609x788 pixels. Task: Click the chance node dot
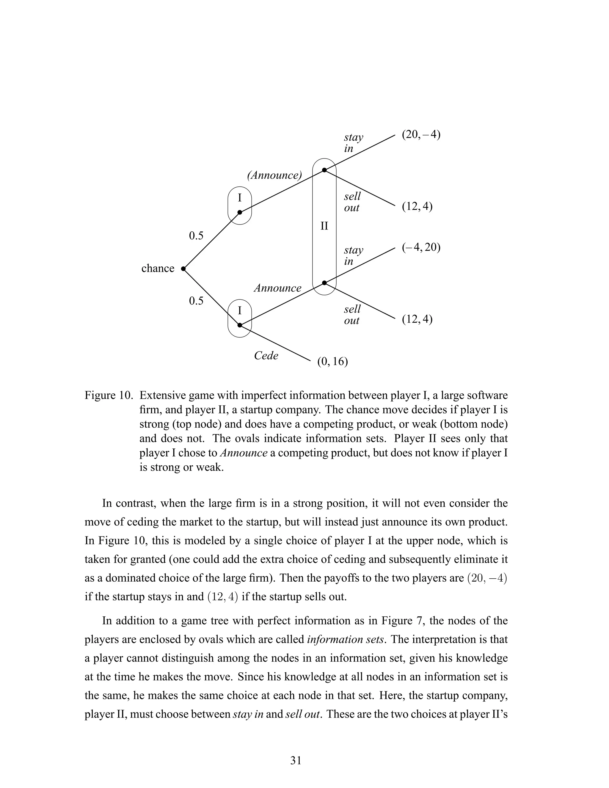coord(183,269)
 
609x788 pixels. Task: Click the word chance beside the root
coord(158,269)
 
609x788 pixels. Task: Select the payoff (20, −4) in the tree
coord(421,135)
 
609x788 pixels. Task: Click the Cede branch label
coord(266,356)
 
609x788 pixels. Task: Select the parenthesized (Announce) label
coord(274,175)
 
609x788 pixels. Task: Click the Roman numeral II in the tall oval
coord(324,226)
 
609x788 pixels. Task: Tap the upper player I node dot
coord(240,213)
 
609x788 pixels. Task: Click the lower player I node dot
coord(240,325)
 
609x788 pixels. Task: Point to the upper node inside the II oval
coord(324,170)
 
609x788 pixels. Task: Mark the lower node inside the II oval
coord(324,283)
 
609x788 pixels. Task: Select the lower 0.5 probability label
coord(196,301)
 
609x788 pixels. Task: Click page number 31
coord(296,761)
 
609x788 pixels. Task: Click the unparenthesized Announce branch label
coord(277,288)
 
